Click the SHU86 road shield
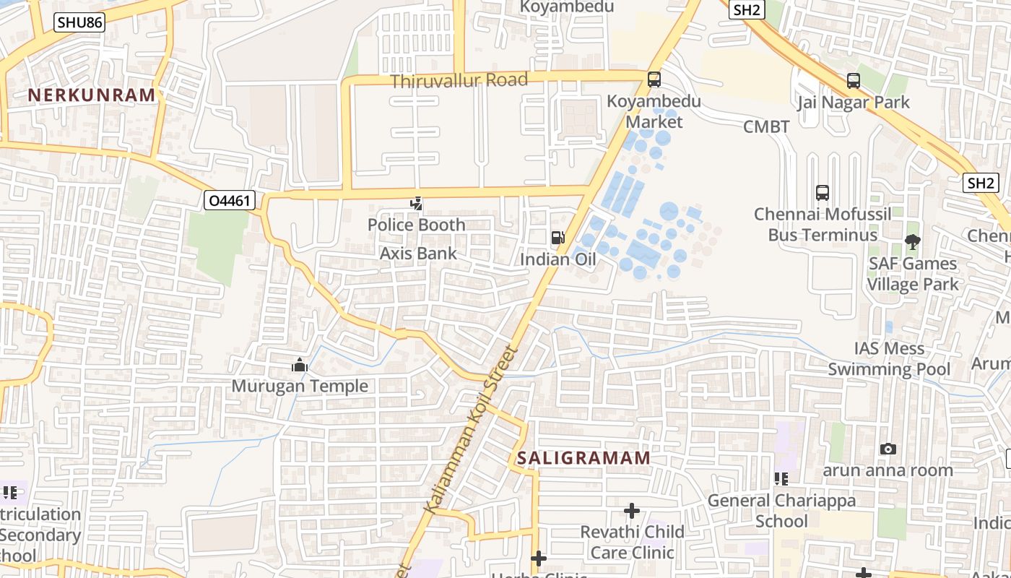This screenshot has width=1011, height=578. [79, 22]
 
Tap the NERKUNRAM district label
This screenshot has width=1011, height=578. [92, 95]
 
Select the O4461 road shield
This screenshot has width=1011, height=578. [230, 200]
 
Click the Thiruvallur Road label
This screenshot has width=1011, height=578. [459, 80]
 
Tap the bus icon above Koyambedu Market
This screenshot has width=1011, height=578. [654, 79]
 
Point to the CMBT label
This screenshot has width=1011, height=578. [767, 127]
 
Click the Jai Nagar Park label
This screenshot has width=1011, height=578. [854, 103]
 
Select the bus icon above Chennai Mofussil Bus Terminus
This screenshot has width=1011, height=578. [823, 193]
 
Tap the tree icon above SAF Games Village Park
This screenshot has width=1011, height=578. [913, 242]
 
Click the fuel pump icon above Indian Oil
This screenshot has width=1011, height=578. [557, 237]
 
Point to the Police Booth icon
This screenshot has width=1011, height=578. [416, 204]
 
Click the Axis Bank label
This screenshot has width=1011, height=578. [419, 254]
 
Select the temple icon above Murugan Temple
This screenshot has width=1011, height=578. [300, 366]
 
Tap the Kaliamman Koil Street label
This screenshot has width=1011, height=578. [472, 431]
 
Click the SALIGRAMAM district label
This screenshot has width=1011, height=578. [583, 458]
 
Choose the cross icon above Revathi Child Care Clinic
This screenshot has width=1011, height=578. [632, 512]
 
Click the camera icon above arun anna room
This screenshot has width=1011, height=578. [888, 449]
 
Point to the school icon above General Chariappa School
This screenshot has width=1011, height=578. [781, 478]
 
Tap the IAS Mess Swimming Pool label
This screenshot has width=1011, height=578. [889, 359]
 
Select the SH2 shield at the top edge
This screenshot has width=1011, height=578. [747, 9]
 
